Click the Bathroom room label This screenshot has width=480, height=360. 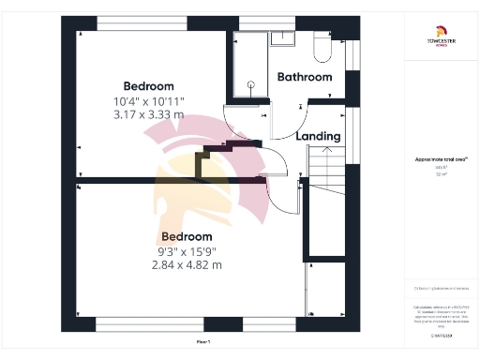click(x=305, y=77)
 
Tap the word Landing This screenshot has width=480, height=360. click(x=318, y=136)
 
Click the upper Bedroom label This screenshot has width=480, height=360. click(x=150, y=86)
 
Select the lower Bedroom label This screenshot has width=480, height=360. click(x=186, y=236)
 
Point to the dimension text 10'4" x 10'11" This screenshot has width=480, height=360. click(x=150, y=100)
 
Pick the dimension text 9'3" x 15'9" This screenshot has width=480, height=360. click(x=186, y=250)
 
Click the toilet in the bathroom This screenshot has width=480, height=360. click(x=320, y=46)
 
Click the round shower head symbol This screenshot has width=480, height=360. click(x=250, y=85)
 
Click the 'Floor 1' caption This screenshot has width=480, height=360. click(x=204, y=341)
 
